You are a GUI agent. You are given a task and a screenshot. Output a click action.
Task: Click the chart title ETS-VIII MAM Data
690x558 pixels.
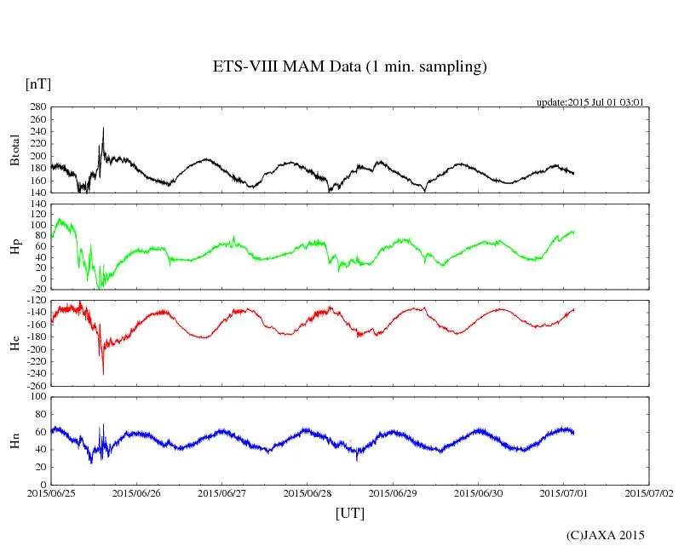(x=349, y=67)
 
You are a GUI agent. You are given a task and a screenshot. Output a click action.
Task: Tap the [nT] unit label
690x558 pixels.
(x=38, y=83)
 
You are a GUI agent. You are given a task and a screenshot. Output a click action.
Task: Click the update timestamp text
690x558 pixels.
(x=589, y=102)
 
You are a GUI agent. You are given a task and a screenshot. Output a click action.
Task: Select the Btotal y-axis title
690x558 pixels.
(x=14, y=150)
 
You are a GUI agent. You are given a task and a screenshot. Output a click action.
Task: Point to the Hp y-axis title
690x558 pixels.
(x=14, y=248)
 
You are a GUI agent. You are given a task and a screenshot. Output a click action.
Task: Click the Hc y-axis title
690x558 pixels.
(x=14, y=342)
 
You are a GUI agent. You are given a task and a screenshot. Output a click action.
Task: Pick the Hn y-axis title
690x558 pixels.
(x=14, y=440)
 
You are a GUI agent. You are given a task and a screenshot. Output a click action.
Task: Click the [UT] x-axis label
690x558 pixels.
(x=349, y=513)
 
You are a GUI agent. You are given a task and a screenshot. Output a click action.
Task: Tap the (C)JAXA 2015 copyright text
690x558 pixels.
(x=605, y=535)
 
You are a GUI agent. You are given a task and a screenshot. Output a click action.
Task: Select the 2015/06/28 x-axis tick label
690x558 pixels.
(x=308, y=492)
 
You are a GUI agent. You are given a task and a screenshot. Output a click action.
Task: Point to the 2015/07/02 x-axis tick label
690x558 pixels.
(x=649, y=492)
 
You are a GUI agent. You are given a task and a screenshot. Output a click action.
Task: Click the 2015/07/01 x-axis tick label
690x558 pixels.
(x=564, y=492)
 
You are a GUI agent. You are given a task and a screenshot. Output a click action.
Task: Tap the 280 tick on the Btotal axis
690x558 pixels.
(x=37, y=107)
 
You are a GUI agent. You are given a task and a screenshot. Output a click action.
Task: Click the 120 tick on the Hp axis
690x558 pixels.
(x=37, y=204)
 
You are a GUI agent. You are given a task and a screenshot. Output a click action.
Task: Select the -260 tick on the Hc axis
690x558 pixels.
(x=35, y=385)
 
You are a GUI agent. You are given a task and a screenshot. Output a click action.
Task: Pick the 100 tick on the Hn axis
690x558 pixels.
(x=37, y=396)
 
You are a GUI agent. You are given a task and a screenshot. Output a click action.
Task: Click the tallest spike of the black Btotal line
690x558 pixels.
(x=103, y=129)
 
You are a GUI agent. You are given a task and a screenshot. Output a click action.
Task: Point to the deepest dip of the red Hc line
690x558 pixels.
(x=103, y=373)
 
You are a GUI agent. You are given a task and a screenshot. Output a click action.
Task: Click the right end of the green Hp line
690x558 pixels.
(x=574, y=232)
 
